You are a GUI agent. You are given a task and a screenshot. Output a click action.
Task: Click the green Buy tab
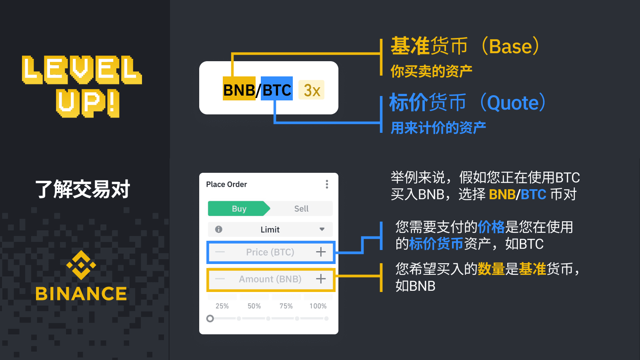point(239,209)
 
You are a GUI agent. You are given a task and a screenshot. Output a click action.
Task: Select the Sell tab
point(301,209)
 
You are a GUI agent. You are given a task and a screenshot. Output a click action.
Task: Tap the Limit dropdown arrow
point(322,229)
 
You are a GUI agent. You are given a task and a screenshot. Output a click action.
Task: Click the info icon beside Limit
point(218,229)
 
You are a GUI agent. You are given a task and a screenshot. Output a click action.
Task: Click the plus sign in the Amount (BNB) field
point(321,279)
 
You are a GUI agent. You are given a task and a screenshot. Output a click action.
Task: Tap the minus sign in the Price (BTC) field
point(220,252)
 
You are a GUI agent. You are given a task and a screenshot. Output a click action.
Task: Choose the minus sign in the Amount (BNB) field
point(220,279)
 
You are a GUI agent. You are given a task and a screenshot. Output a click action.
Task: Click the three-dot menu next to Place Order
point(327,184)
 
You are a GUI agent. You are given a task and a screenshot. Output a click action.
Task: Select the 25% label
point(222,306)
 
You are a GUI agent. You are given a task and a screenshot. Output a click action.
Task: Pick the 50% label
point(254,306)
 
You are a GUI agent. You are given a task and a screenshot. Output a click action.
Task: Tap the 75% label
point(286,306)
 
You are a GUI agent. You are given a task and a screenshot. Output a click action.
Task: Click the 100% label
point(318,306)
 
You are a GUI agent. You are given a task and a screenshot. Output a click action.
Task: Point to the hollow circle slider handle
point(210,318)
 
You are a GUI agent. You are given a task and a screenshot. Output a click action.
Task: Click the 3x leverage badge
point(312,90)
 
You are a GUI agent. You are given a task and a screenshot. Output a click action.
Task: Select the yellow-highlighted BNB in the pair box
point(239,90)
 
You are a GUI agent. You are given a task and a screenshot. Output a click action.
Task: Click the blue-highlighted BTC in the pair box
point(277,90)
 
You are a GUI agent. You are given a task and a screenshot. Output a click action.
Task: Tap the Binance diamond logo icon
point(81,265)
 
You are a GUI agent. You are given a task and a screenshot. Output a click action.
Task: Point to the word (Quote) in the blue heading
point(513,103)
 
